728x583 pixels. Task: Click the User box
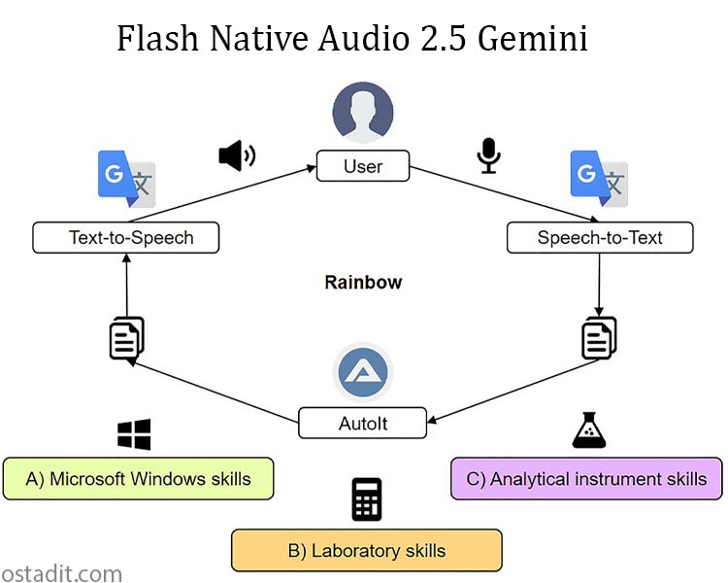363,166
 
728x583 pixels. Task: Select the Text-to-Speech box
125,237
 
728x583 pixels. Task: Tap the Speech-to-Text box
600,237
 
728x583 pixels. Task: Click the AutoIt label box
363,423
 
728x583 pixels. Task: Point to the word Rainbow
363,283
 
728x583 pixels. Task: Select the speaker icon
236,155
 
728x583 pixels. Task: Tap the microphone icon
488,155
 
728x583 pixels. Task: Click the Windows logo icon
134,434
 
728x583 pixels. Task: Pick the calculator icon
366,498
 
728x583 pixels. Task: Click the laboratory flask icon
589,430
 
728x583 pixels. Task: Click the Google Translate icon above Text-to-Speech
127,180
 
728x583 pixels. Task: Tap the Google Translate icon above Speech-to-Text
599,180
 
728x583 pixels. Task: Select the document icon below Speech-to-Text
599,337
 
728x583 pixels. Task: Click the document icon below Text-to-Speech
126,337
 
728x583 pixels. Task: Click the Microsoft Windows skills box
138,479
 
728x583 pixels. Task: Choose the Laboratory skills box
366,550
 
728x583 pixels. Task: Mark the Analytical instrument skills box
586,479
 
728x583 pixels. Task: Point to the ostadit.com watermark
61,572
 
